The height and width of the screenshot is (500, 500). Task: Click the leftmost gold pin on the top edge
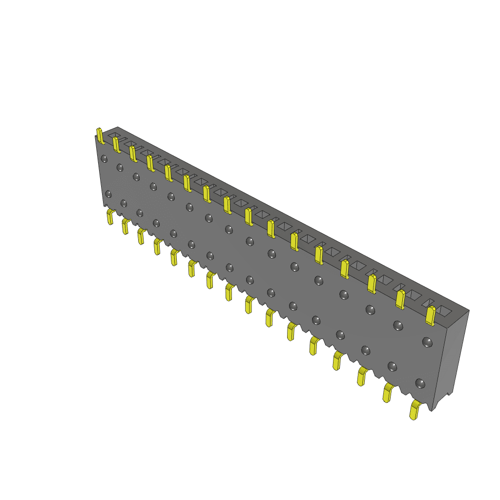coord(100,136)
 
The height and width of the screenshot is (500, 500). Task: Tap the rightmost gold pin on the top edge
coord(430,315)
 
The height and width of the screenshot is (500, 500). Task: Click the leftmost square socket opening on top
coord(113,134)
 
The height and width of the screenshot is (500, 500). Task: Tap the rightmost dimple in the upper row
coord(427,342)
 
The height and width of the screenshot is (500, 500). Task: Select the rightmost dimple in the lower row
coord(420,383)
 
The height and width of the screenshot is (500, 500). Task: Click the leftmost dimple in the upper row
coord(104,158)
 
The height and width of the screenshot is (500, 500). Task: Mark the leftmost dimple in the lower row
coord(108,194)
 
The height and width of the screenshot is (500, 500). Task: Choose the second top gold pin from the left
coord(116,144)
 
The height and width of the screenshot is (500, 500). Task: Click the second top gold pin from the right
coord(400,299)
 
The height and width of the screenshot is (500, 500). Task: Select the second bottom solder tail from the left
coord(125,226)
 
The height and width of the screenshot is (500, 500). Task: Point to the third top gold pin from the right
coord(372,283)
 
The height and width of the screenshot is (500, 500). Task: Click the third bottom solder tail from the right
coord(362,376)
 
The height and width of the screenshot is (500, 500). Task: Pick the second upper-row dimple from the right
coord(398,325)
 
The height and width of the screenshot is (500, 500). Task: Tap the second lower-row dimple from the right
coord(392,366)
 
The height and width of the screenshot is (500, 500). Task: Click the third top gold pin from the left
coord(133,153)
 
